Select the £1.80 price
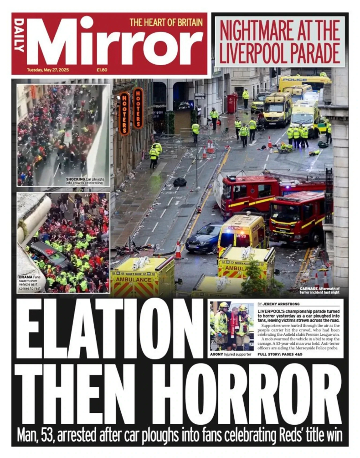(x=102, y=70)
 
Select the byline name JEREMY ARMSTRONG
(x=283, y=304)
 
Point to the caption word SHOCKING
(x=75, y=179)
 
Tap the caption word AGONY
(x=217, y=354)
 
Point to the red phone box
(x=232, y=104)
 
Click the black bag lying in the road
(x=180, y=182)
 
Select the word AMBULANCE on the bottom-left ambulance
(x=134, y=279)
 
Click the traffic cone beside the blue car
(x=178, y=251)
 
